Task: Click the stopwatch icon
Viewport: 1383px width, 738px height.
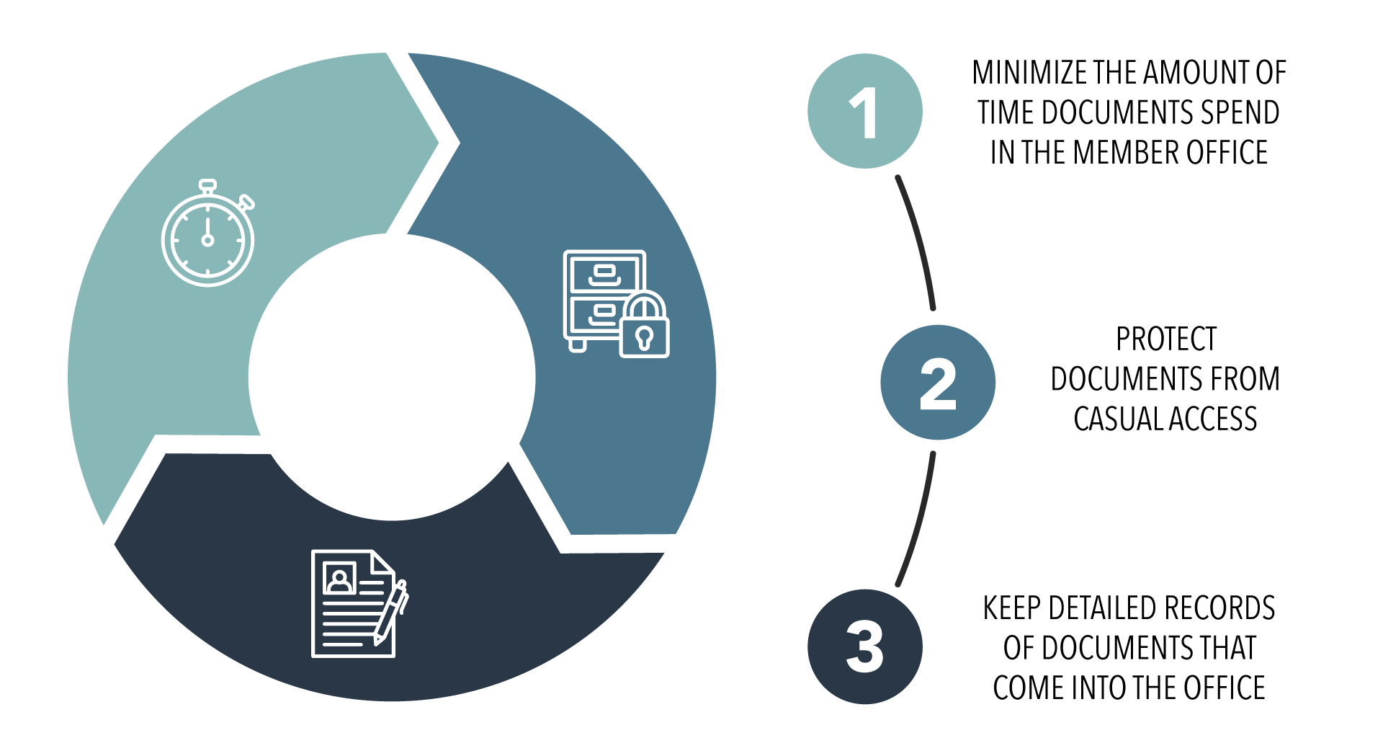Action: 207,238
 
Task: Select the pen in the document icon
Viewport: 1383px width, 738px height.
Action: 390,613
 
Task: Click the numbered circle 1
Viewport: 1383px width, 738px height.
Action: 864,111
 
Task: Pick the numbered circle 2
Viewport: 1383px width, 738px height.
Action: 937,382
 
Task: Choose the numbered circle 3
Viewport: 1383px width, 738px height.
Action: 864,646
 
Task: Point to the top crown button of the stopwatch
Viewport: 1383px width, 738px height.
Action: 207,185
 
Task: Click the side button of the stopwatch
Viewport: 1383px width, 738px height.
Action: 247,202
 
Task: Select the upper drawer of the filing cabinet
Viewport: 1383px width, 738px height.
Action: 604,272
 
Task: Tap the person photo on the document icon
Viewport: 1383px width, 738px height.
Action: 339,579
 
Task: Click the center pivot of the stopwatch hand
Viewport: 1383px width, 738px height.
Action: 207,240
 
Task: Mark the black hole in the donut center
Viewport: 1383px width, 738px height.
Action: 392,377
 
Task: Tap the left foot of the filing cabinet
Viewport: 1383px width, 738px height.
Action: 576,346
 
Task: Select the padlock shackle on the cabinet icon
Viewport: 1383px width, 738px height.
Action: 644,303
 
